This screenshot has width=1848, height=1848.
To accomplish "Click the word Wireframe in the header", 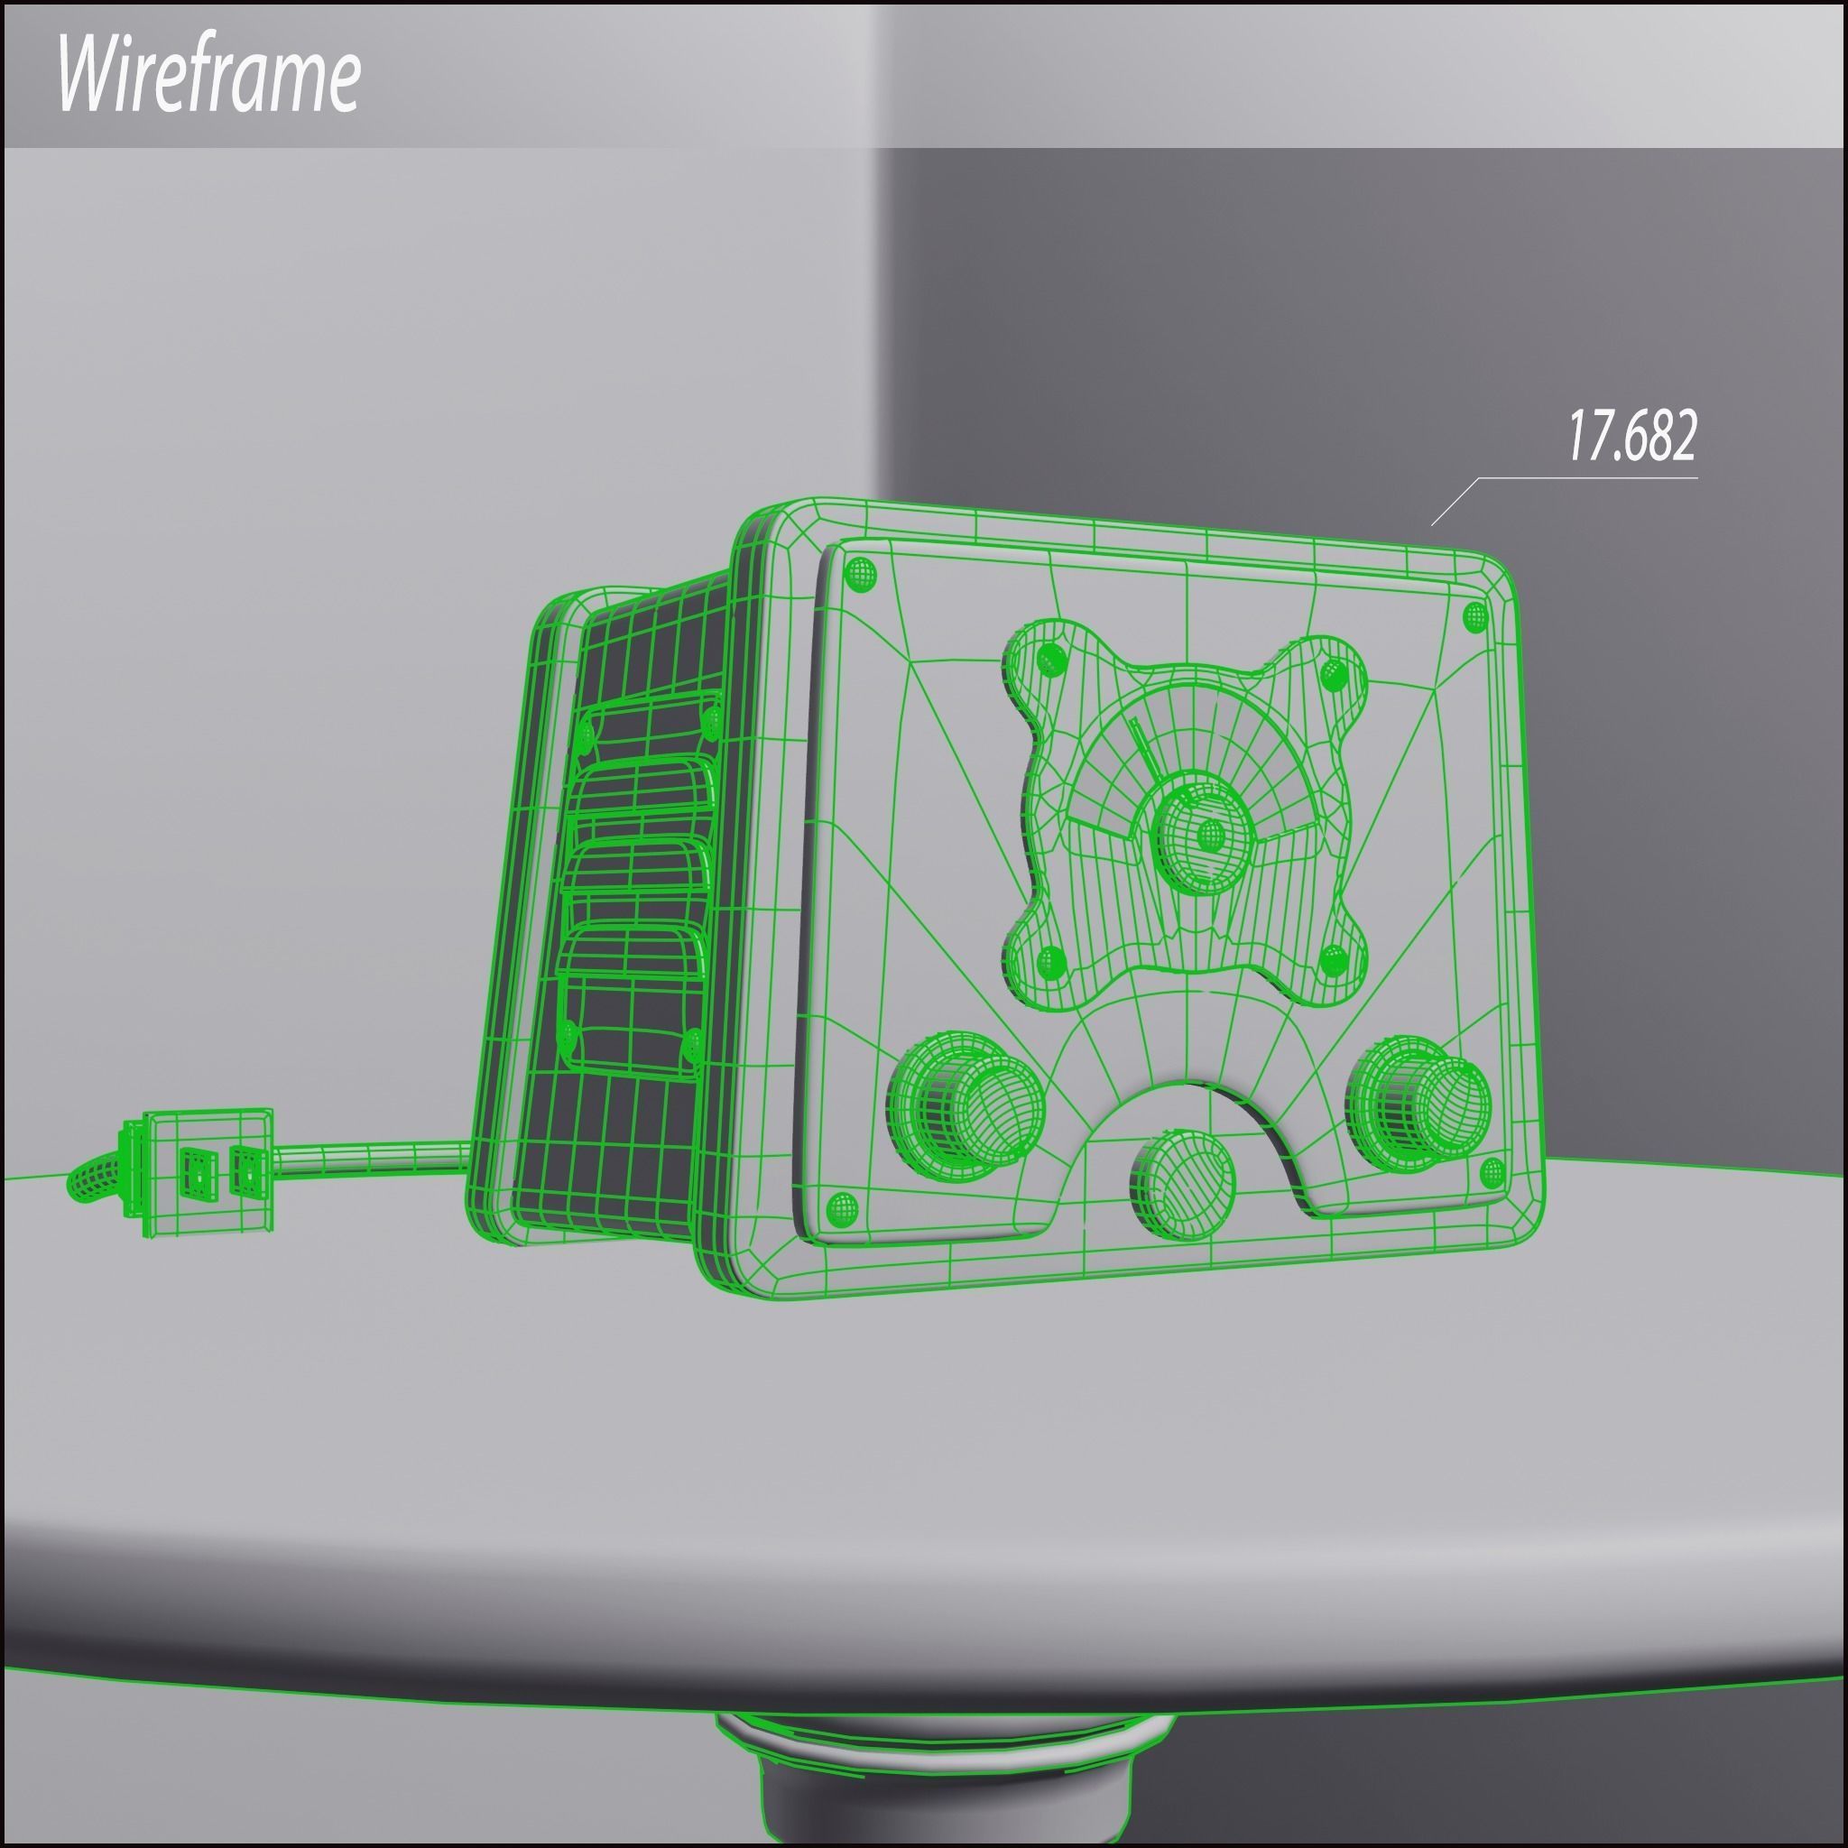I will (208, 76).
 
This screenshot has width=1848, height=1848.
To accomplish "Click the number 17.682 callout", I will (1631, 436).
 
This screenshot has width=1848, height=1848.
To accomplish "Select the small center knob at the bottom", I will (1182, 1180).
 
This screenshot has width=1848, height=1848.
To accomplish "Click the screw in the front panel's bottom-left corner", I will (842, 1209).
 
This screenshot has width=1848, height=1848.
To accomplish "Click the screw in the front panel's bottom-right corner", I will (1492, 1172).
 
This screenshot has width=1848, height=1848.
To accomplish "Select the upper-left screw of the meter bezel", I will (1051, 659).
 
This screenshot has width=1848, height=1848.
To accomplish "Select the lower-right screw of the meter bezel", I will (1333, 960).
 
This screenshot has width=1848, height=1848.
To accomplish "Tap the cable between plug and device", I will (373, 1159).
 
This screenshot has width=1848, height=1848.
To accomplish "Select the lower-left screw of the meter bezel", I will (1051, 959).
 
